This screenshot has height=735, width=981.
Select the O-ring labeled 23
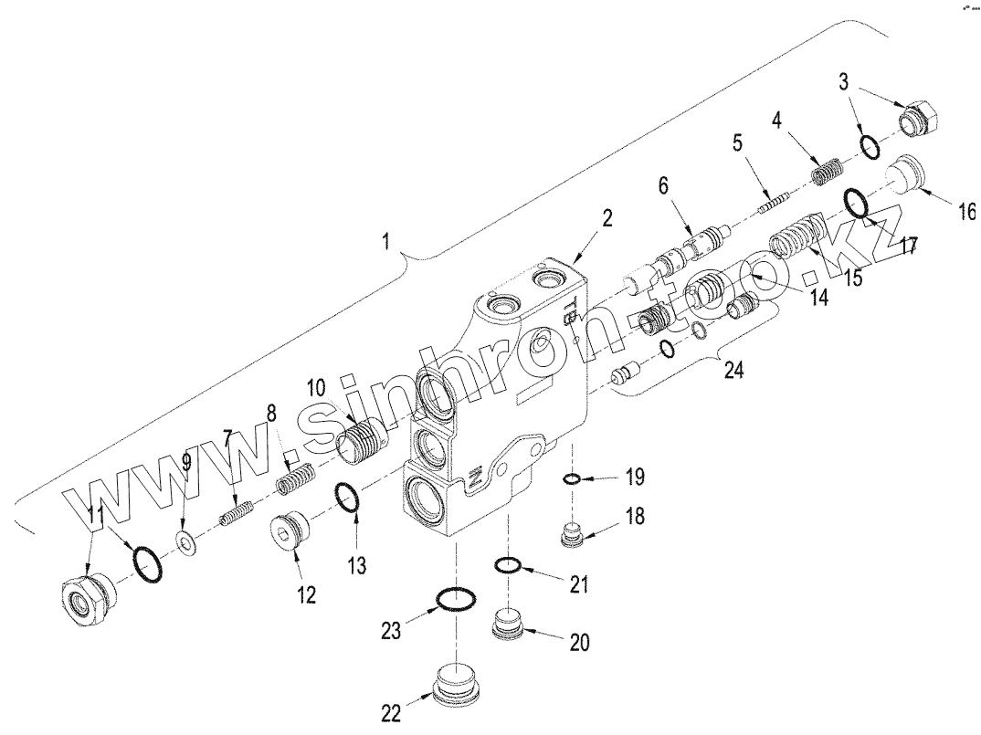(455, 599)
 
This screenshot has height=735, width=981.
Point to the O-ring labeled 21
(509, 567)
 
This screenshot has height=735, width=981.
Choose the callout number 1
(386, 243)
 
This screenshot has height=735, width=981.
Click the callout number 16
(965, 213)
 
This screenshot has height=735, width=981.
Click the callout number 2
(607, 218)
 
